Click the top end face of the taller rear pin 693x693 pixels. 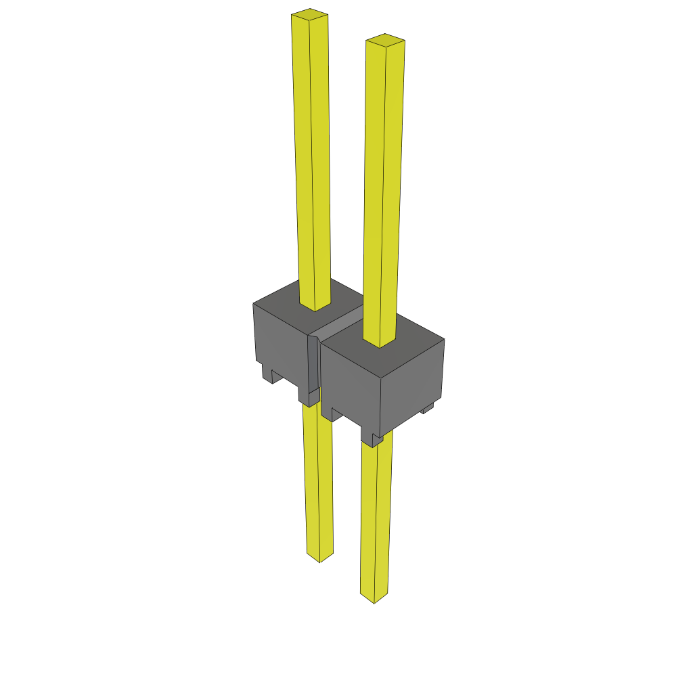point(309,13)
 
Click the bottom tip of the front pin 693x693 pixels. point(374,598)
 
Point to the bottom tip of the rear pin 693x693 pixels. point(319,558)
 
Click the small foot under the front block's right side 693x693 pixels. point(428,408)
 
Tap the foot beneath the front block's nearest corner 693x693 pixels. point(372,439)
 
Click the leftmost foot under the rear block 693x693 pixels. point(267,373)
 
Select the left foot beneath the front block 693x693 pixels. point(328,413)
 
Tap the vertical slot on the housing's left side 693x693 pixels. point(313,365)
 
